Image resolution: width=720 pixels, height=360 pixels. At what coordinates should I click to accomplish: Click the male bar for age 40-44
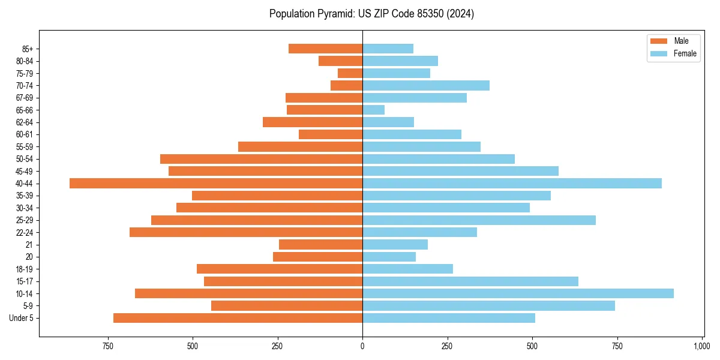pos(216,183)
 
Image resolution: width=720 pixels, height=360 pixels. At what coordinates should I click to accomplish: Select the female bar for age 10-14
pos(518,293)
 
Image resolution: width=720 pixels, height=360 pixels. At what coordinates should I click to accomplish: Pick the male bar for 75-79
pos(350,73)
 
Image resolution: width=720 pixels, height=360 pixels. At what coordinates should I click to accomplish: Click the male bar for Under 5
pos(238,318)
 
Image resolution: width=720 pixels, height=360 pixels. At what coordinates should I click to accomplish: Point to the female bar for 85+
pos(388,49)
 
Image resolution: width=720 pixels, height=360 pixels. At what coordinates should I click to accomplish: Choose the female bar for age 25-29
pos(479,220)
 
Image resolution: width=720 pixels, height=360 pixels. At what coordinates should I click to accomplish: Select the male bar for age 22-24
pos(246,232)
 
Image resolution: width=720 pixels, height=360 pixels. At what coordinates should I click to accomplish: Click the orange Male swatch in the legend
pos(659,41)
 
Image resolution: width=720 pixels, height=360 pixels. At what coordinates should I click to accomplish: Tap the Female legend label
pos(685,53)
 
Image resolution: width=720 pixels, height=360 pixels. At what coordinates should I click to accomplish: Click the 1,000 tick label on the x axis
pos(702,346)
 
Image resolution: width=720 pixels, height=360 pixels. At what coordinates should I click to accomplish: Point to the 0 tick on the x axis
pos(362,346)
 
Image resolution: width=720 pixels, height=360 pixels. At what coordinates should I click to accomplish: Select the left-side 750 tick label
pos(107,346)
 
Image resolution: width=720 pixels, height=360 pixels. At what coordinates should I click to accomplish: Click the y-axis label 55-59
pos(25,146)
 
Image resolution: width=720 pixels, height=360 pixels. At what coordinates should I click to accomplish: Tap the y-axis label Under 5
pos(22,318)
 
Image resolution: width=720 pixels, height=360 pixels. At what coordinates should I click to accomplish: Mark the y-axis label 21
pos(29,245)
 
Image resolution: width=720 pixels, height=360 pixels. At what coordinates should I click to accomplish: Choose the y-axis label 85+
pos(26,49)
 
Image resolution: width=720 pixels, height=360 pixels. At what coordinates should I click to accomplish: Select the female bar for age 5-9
pos(488,306)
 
